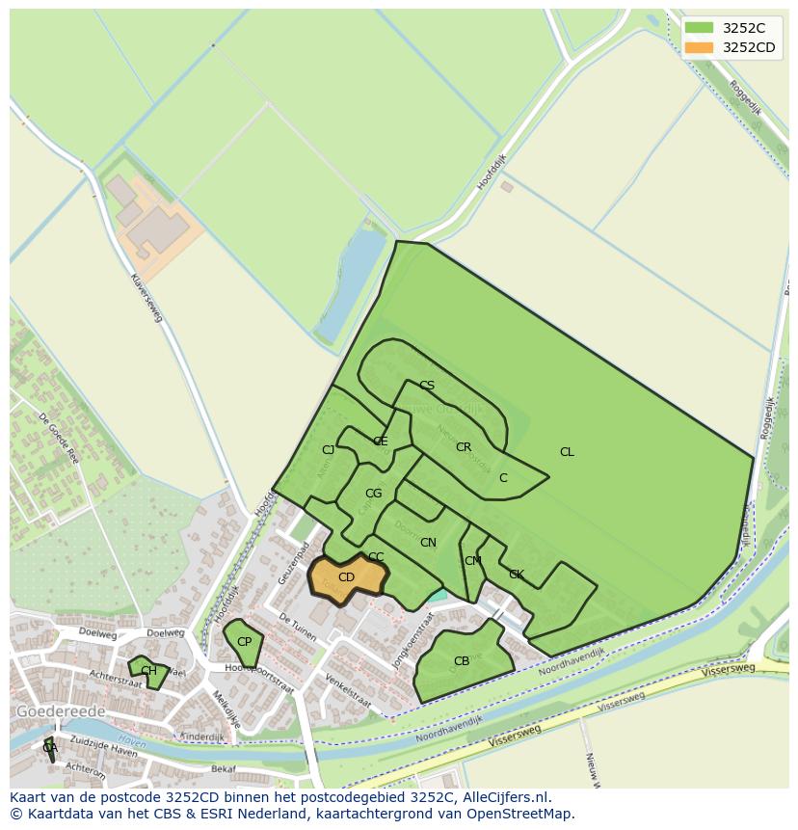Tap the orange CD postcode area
pyautogui.click(x=346, y=577)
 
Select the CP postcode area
pyautogui.click(x=244, y=642)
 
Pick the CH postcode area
pyautogui.click(x=148, y=671)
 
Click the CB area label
pyautogui.click(x=462, y=661)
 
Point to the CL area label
pyautogui.click(x=567, y=452)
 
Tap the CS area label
pyautogui.click(x=427, y=386)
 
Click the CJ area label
pyautogui.click(x=328, y=450)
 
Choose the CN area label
pyautogui.click(x=428, y=543)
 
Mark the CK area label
pyautogui.click(x=517, y=575)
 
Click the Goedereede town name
pyautogui.click(x=61, y=711)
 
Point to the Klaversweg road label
pyautogui.click(x=146, y=295)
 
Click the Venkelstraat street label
pyautogui.click(x=348, y=691)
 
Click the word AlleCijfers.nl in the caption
pyautogui.click(x=504, y=797)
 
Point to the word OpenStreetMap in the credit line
pyautogui.click(x=521, y=814)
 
